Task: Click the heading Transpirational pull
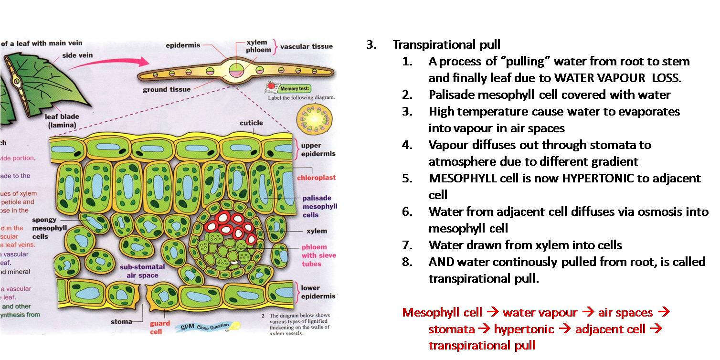tap(446, 45)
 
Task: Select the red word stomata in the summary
tap(451, 329)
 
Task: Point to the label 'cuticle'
tap(251, 123)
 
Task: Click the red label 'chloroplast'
tap(316, 178)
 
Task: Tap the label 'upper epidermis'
tap(318, 149)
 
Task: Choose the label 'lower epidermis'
tap(318, 292)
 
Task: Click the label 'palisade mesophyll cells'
tap(319, 207)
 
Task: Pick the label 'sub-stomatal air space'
tap(142, 271)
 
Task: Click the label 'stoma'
tap(121, 322)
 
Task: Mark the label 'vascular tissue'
tap(306, 47)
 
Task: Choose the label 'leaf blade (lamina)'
tap(62, 121)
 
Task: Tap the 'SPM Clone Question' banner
tap(201, 328)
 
